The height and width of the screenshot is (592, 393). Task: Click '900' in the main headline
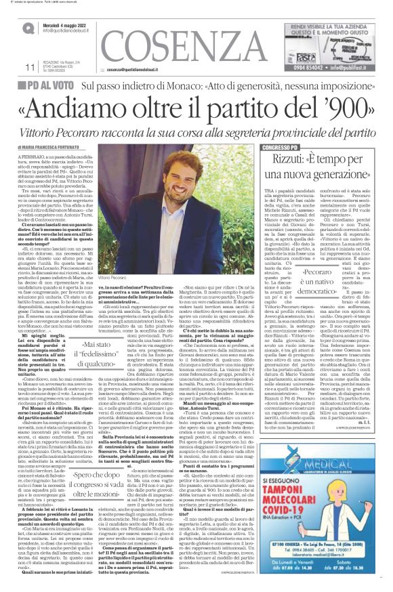click(x=324, y=105)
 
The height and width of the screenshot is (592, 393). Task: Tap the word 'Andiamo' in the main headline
click(x=102, y=105)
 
